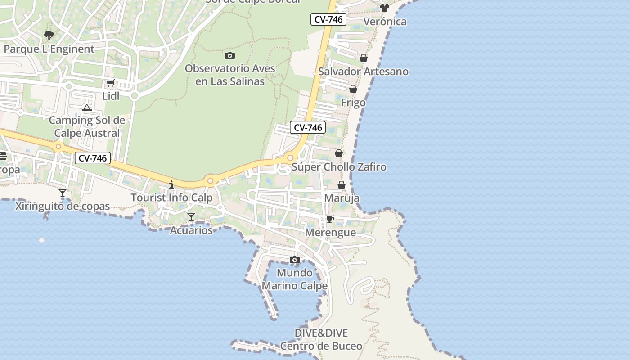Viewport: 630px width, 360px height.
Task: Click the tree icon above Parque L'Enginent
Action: (49, 35)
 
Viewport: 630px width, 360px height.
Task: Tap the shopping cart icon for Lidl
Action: (110, 83)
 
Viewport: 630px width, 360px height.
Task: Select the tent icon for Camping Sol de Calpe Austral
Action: (87, 108)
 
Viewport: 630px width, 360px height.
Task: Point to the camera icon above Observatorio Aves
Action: (230, 55)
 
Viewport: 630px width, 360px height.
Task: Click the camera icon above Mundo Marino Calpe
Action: (295, 260)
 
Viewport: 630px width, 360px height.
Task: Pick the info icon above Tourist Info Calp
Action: (171, 184)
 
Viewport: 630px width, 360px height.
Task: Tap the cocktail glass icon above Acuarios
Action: (191, 217)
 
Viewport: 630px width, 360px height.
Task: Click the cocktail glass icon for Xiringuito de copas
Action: (63, 193)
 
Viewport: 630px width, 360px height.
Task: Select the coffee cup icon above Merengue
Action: (330, 220)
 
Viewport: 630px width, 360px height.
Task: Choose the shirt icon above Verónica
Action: (384, 8)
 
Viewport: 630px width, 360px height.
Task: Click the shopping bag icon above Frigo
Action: (353, 89)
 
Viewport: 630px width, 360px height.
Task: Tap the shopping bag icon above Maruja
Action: (342, 185)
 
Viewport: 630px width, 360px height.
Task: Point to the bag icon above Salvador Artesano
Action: (364, 58)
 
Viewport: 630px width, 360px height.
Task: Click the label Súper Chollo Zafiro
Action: (339, 167)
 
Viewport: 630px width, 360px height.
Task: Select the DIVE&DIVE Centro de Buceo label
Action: (321, 339)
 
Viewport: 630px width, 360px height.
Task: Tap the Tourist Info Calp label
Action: (171, 198)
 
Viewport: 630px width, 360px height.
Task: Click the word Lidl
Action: (111, 96)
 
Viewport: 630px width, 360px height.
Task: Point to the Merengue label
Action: (330, 233)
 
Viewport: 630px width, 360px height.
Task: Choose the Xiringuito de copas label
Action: (63, 206)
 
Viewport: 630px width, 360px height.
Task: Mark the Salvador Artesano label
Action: (364, 71)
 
